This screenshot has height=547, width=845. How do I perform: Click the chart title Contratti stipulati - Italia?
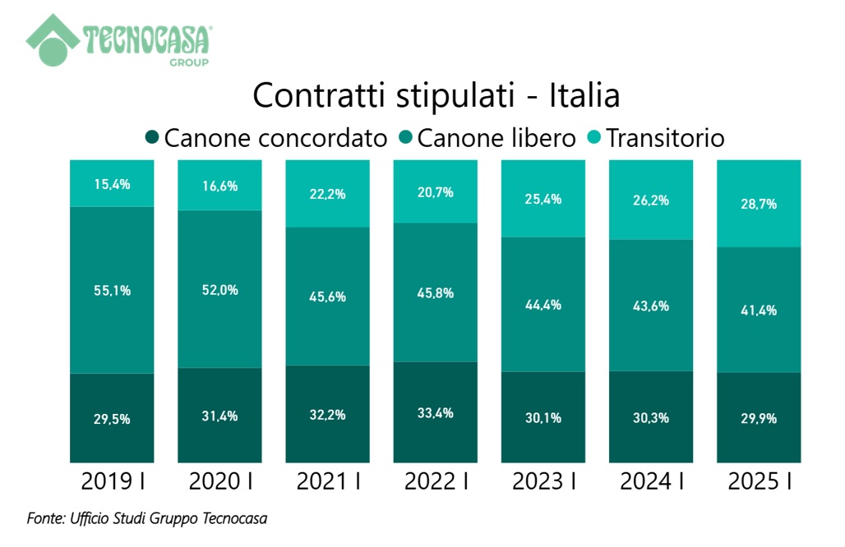(436, 95)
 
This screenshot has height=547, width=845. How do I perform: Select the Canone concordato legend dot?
(152, 137)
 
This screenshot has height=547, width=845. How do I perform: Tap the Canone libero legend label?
(496, 138)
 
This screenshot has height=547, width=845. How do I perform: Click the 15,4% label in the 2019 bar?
(112, 184)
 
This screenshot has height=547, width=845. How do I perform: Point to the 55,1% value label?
(112, 290)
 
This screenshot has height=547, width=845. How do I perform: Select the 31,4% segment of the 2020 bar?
(219, 416)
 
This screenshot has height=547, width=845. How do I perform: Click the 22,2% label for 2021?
(327, 194)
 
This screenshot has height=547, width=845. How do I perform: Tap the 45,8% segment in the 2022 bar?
(436, 292)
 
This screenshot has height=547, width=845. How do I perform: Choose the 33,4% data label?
(436, 412)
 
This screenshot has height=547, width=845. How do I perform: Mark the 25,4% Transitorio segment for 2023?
(543, 199)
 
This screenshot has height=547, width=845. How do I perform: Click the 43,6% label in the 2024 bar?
(651, 306)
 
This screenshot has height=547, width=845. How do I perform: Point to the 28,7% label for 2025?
(759, 204)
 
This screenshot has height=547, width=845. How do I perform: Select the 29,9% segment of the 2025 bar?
(759, 417)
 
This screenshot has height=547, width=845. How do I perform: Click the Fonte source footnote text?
(147, 518)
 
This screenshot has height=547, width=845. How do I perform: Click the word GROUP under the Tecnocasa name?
(188, 62)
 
